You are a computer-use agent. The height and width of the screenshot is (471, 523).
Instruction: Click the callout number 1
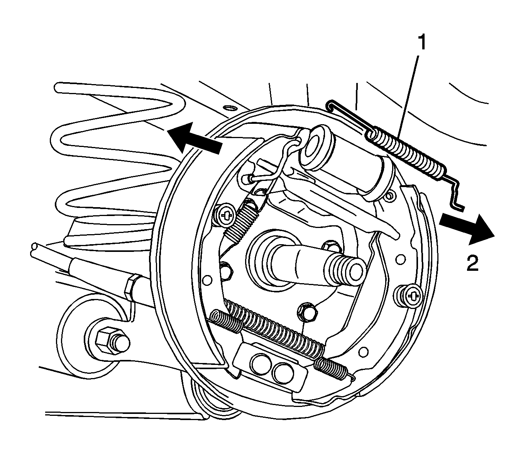(x=421, y=43)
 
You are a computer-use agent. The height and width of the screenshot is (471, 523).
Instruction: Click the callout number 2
(x=472, y=263)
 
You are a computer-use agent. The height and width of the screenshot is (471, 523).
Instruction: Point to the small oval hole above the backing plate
(x=229, y=108)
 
